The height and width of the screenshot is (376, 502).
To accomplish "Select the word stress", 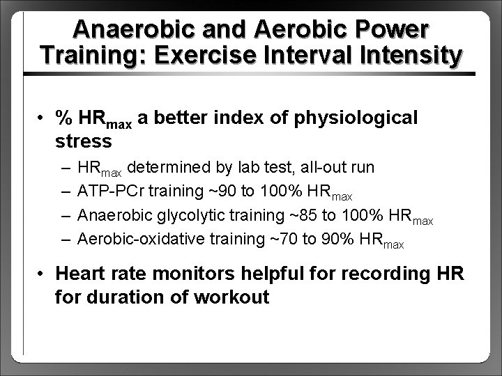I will [82, 141].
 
